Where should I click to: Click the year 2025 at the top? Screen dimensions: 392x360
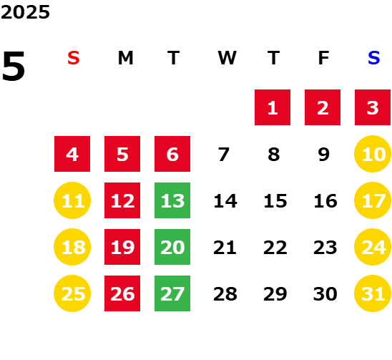[x=25, y=12]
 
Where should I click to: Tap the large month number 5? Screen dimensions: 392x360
[x=14, y=66]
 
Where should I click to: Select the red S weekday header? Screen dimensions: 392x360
[x=74, y=58]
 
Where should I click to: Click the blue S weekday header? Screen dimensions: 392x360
[x=374, y=58]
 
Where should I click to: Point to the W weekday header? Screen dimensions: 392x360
[x=227, y=58]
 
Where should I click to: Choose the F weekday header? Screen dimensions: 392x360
[x=324, y=58]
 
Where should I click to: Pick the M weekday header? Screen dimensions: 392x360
[x=125, y=58]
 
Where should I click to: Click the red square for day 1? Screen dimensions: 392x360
[x=273, y=107]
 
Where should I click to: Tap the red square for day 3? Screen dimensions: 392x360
[x=373, y=107]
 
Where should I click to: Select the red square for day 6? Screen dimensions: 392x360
[x=172, y=154]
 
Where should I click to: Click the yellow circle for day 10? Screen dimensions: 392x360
[x=373, y=154]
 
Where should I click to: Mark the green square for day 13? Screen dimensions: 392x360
[x=172, y=200]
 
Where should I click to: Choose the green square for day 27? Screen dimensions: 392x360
[x=172, y=293]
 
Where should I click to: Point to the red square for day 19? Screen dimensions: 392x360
[x=122, y=247]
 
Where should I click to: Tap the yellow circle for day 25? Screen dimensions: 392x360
[x=72, y=293]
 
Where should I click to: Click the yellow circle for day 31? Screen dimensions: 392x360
[x=373, y=293]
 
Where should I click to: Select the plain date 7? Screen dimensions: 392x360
[x=223, y=155]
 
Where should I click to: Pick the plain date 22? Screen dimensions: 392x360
[x=275, y=248]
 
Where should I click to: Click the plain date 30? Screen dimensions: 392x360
[x=325, y=294]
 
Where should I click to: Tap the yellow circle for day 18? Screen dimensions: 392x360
[x=72, y=247]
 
